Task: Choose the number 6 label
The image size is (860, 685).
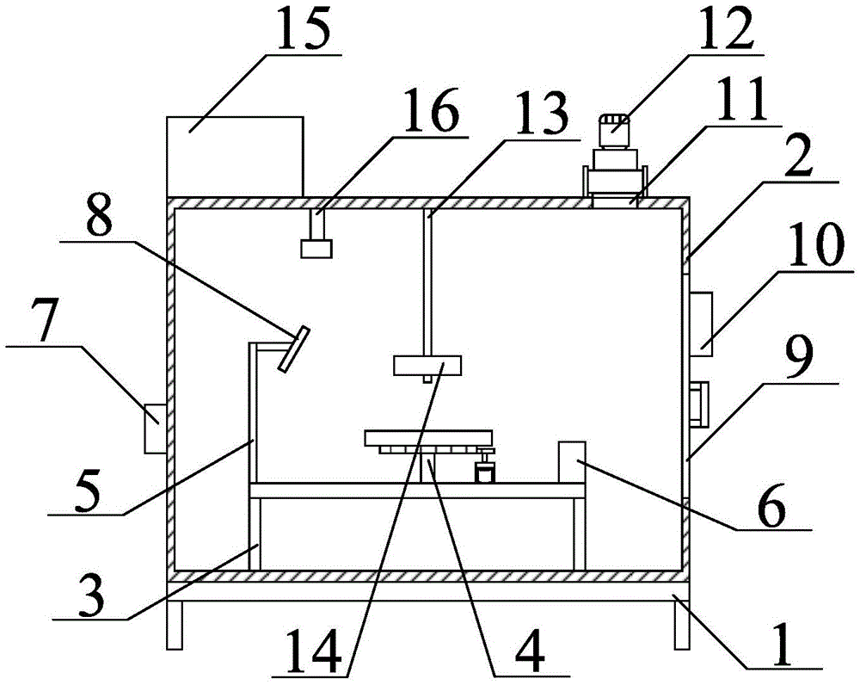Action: (x=769, y=509)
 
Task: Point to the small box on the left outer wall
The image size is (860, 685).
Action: (x=156, y=428)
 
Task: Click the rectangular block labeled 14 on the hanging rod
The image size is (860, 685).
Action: (x=427, y=365)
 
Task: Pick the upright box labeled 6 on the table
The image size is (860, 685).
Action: (x=572, y=462)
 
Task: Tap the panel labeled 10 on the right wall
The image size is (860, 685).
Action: (x=700, y=324)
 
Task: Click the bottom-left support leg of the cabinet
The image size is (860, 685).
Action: (x=175, y=625)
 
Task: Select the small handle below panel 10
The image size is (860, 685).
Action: (x=697, y=404)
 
